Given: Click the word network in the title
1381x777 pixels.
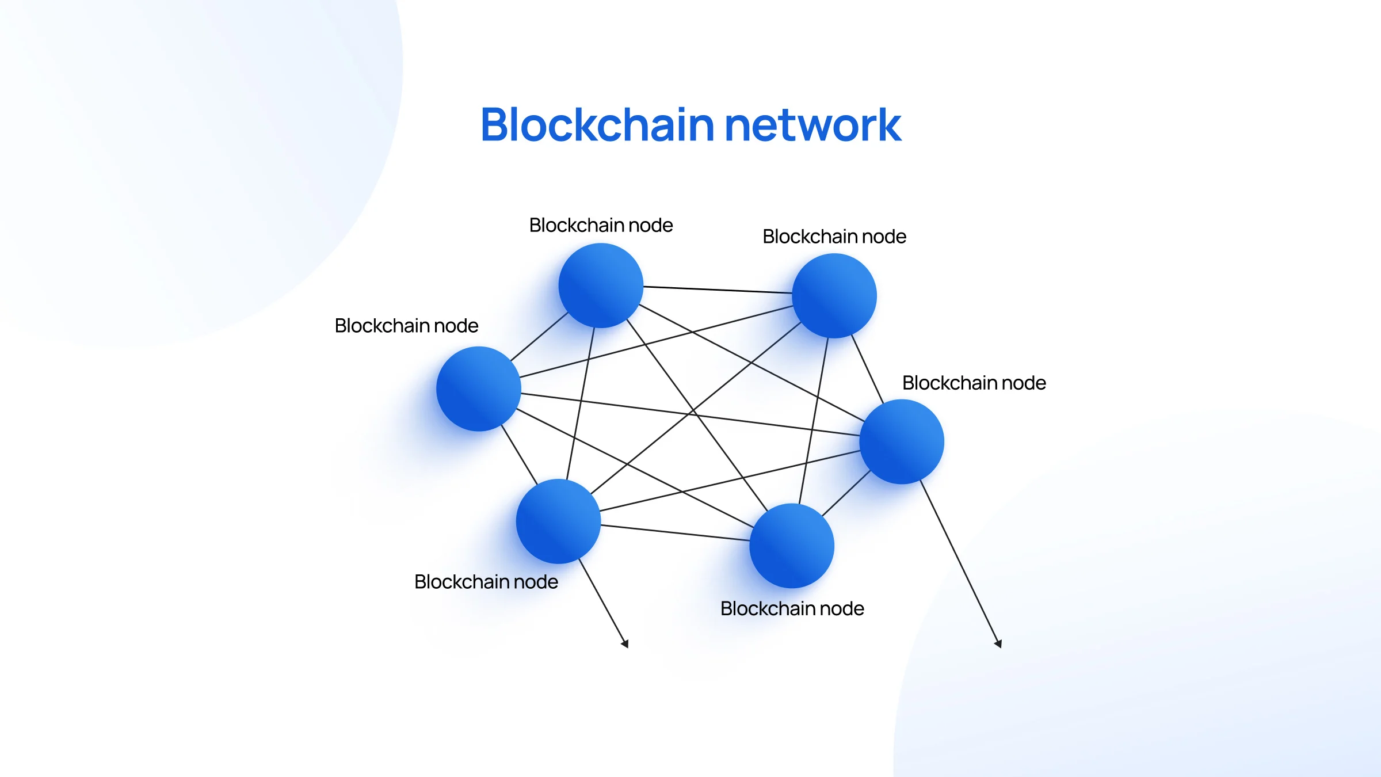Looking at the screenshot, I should pyautogui.click(x=812, y=125).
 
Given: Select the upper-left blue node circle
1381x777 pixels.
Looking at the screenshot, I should pyautogui.click(x=601, y=285).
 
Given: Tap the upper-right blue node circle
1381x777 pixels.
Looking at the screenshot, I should pyautogui.click(x=834, y=296).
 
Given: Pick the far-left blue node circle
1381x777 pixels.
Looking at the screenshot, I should pyautogui.click(x=479, y=389).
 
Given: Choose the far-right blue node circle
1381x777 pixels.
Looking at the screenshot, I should pyautogui.click(x=902, y=441).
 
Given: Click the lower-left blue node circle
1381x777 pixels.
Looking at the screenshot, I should pyautogui.click(x=558, y=521).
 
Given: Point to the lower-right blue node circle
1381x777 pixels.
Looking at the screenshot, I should pyautogui.click(x=792, y=546).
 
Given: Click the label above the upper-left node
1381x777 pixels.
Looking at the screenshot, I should pyautogui.click(x=601, y=225).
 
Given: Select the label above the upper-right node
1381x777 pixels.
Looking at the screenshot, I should pyautogui.click(x=834, y=237).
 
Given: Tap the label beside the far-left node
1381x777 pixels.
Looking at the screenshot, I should pyautogui.click(x=406, y=326).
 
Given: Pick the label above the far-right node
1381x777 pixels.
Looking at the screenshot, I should pyautogui.click(x=974, y=383).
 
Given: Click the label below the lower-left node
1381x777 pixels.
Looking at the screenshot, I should pyautogui.click(x=486, y=582).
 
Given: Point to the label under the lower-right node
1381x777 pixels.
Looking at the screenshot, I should pyautogui.click(x=792, y=608).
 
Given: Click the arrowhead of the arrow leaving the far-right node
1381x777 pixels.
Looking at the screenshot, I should pyautogui.click(x=998, y=643).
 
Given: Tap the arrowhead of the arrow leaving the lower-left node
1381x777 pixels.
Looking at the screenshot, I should pyautogui.click(x=625, y=643).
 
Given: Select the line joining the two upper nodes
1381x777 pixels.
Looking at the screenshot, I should pyautogui.click(x=718, y=290).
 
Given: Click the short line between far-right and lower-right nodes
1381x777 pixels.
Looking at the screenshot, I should pyautogui.click(x=846, y=493).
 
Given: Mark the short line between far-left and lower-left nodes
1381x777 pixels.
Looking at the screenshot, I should pyautogui.click(x=519, y=455).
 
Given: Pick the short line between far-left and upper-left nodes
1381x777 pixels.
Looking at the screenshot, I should pyautogui.click(x=539, y=337).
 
